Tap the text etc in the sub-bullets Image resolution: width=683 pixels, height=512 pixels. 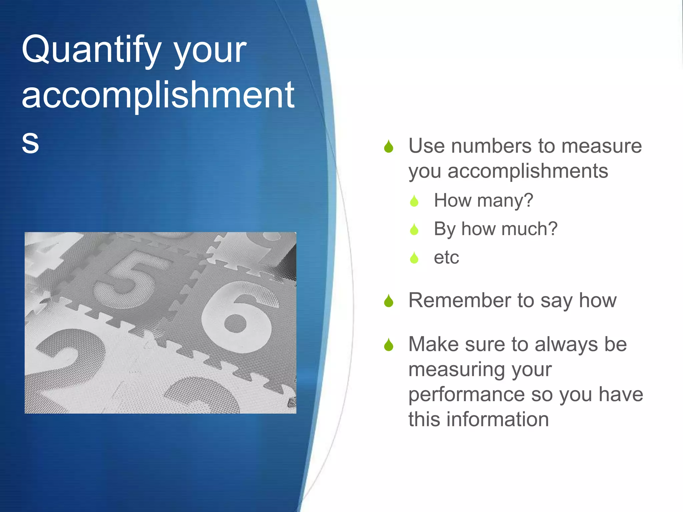pyautogui.click(x=446, y=258)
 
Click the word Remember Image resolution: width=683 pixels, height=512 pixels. pyautogui.click(x=460, y=300)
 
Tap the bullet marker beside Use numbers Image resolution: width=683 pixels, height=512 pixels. pyautogui.click(x=389, y=147)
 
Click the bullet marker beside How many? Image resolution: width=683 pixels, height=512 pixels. pyautogui.click(x=414, y=201)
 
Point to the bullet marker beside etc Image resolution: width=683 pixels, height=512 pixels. pyautogui.click(x=414, y=258)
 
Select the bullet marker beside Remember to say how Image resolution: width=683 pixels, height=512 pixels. pyautogui.click(x=389, y=301)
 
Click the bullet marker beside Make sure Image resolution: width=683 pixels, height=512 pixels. pyautogui.click(x=389, y=345)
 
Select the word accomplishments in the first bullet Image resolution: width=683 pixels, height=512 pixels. pyautogui.click(x=528, y=171)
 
